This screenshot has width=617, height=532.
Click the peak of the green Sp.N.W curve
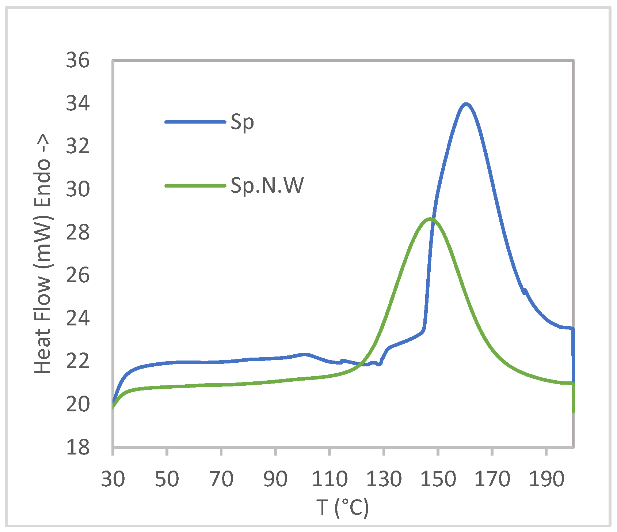point(430,219)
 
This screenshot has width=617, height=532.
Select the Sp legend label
point(242,122)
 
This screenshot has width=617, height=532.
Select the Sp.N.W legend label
point(267,186)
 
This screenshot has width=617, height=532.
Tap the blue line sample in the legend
point(195,122)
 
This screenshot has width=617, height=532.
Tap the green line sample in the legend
point(195,186)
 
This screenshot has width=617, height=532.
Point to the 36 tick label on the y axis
point(78,60)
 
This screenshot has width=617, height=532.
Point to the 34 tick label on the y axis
point(78,103)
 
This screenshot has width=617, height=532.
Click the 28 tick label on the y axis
point(78,232)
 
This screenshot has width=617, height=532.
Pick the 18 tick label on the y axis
point(78,447)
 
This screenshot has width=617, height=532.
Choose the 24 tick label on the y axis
point(78,318)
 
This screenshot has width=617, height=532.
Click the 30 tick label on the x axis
point(113,479)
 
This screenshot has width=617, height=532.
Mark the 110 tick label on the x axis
point(330,479)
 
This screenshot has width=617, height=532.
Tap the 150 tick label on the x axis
point(438,479)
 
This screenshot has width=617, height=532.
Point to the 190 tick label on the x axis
point(546,479)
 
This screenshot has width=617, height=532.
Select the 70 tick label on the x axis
point(221,479)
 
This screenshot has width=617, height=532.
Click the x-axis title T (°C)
point(343,507)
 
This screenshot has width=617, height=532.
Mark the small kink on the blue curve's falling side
point(525,291)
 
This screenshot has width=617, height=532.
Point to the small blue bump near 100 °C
point(304,354)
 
